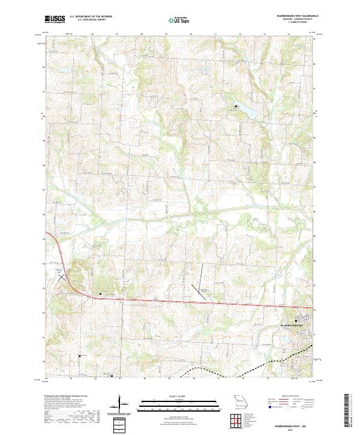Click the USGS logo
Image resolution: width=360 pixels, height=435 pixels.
tap(55, 19)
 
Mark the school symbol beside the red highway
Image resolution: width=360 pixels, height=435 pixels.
tap(100, 293)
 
